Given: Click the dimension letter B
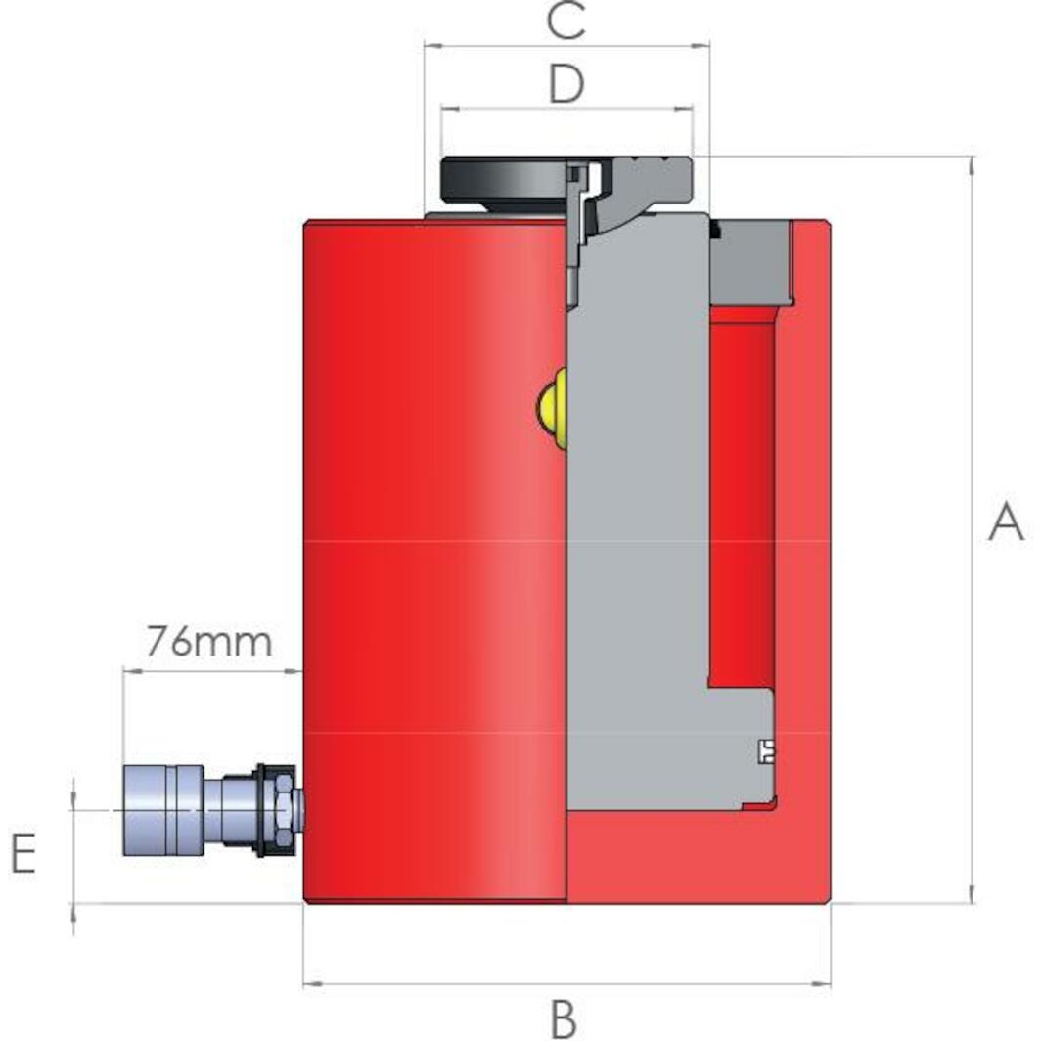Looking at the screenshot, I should [x=564, y=1018].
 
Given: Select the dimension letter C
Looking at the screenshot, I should [x=566, y=22].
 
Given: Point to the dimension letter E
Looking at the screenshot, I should [x=23, y=853].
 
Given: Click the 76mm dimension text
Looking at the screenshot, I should [x=209, y=643].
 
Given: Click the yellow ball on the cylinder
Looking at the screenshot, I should [x=552, y=408].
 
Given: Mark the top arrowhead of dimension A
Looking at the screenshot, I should [x=971, y=163].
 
